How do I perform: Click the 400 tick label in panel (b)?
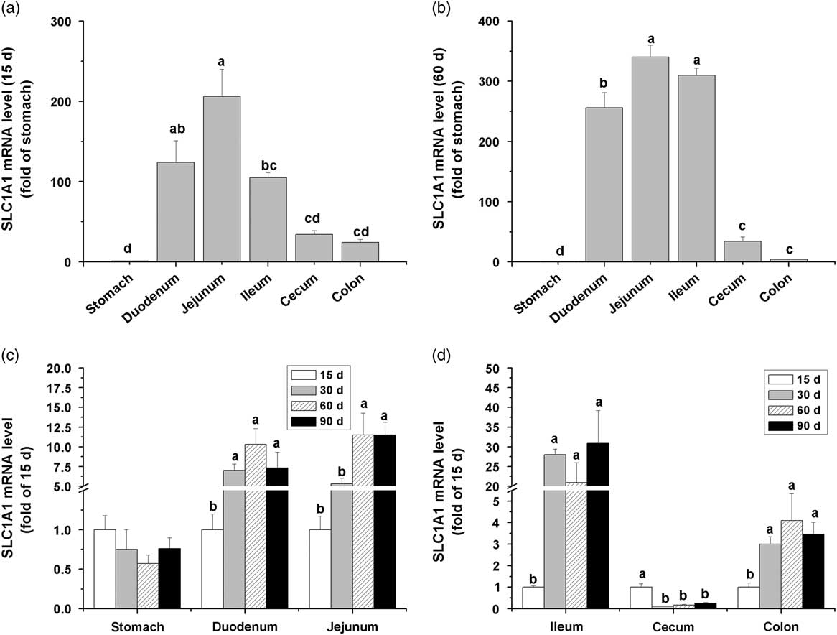pos(490,22)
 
